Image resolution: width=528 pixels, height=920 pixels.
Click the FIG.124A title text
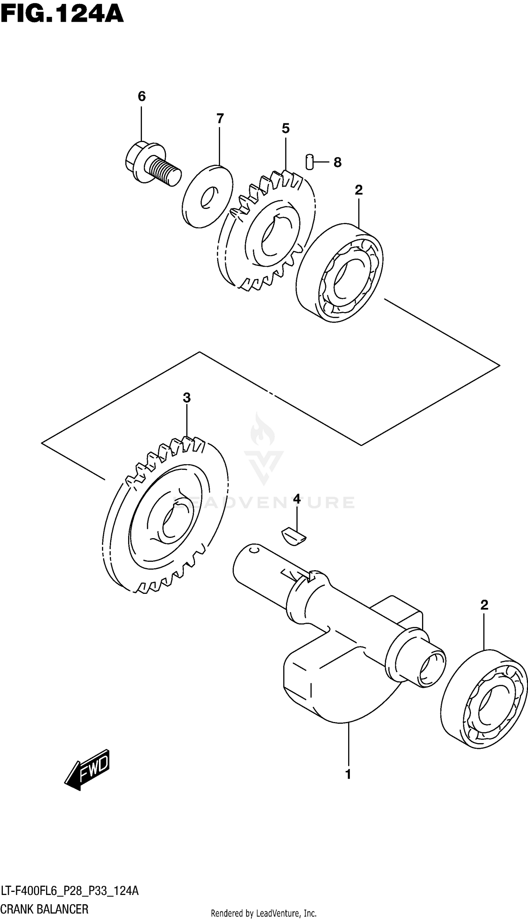pos(62,14)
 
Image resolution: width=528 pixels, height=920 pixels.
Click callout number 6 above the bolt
pos(142,97)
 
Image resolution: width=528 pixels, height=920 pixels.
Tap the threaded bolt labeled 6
pos(152,165)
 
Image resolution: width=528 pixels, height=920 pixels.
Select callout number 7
pos(220,119)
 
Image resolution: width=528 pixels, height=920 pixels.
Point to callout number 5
pos(286,129)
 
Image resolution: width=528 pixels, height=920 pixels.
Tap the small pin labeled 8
pos(309,162)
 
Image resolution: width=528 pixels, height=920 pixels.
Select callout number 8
pos(338,162)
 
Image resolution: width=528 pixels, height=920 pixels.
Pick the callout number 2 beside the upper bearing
pos(359,190)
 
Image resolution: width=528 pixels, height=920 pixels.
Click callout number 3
pos(187,398)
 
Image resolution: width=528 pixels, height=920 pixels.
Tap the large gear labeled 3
pos(165,515)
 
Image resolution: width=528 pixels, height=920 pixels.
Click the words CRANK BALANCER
pos(45,909)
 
